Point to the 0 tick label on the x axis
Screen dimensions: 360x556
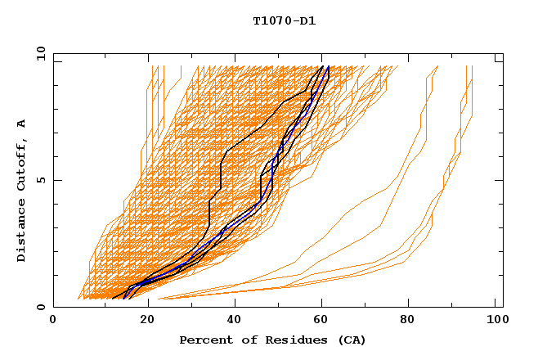pyautogui.click(x=53, y=322)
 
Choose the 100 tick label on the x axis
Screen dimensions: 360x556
pyautogui.click(x=495, y=322)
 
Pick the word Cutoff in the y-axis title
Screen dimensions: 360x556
pyautogui.click(x=22, y=164)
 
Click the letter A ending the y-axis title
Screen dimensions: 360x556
pyautogui.click(x=22, y=124)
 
